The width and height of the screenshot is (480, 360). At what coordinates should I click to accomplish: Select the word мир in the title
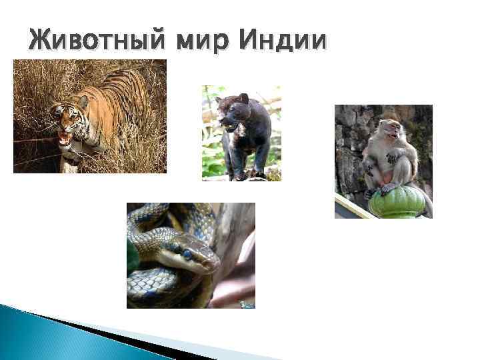[199, 41]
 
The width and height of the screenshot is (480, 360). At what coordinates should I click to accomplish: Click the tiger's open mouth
[65, 139]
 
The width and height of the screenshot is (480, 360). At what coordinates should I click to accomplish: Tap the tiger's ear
[83, 101]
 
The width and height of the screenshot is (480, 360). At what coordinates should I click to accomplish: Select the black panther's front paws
[237, 175]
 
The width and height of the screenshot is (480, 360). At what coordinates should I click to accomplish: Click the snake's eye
[187, 253]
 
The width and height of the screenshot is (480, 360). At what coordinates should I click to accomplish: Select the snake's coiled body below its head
[160, 287]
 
